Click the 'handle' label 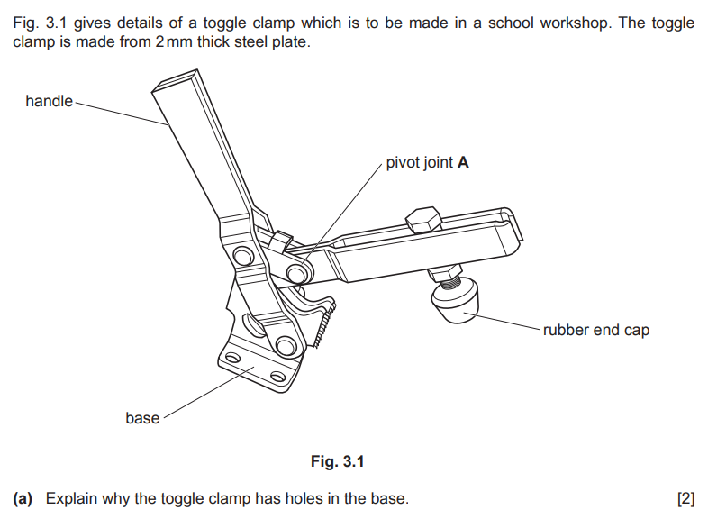49,101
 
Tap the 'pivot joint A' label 427,163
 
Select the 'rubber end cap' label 595,330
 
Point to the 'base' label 142,418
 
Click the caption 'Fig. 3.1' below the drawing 338,462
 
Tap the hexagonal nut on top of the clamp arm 421,219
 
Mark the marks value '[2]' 685,498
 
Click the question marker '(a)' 23,498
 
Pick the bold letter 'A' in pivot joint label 463,163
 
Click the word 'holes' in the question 311,498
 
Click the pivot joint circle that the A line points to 295,272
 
